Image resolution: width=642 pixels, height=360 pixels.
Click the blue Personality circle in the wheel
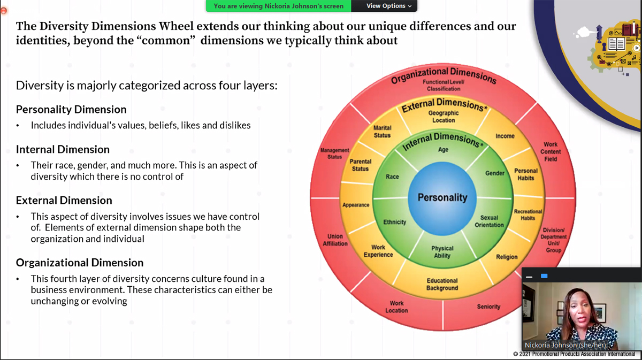click(442, 197)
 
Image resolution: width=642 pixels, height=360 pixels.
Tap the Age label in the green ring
click(443, 150)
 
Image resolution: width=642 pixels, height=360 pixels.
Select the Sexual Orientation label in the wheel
click(489, 221)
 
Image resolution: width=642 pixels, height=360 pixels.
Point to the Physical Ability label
click(442, 252)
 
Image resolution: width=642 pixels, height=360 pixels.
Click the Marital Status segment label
click(382, 132)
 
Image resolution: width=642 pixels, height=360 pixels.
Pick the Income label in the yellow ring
click(505, 136)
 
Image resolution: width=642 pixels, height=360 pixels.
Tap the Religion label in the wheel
click(507, 257)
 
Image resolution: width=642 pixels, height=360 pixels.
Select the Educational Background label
click(442, 284)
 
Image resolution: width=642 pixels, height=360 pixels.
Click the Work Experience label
click(378, 251)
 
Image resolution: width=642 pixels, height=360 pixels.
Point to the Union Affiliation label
click(335, 240)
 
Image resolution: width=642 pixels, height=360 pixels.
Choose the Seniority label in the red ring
click(488, 307)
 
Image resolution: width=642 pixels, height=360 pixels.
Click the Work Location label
click(396, 307)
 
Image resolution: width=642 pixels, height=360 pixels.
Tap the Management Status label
click(334, 154)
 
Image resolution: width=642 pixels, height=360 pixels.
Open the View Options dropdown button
click(389, 6)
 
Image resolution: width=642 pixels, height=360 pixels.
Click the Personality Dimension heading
click(71, 109)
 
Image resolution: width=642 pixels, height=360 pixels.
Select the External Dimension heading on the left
click(64, 200)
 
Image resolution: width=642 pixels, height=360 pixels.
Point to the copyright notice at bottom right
click(574, 354)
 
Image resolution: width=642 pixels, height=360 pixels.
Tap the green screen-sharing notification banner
click(278, 6)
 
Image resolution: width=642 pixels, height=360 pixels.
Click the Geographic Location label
click(444, 117)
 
